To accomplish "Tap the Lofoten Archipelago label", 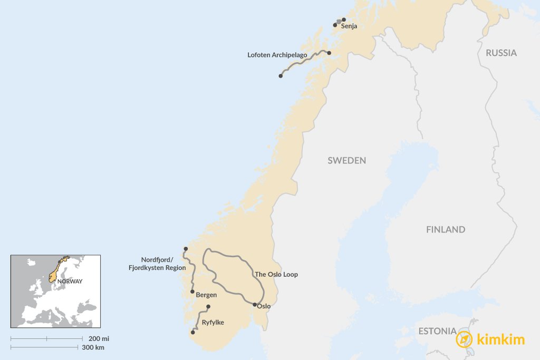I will tap(277, 54).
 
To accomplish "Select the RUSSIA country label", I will tap(501, 53).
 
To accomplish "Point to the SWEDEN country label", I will tap(346, 160).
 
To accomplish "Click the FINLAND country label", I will tap(446, 229).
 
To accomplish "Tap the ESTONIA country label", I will tap(437, 332).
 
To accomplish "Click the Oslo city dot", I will tap(255, 305).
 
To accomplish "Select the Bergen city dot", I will tap(192, 291).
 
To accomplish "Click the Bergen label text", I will tap(206, 295).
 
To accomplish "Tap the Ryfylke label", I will tap(213, 323).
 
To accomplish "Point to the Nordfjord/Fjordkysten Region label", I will tap(157, 264).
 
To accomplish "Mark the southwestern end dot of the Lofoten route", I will tap(281, 76).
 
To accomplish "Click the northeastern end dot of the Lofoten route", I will tap(329, 53).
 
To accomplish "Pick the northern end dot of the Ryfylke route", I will tap(208, 307).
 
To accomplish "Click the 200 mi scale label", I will tap(99, 338).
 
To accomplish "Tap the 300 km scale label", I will tap(93, 347).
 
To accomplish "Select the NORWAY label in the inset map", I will tap(70, 281).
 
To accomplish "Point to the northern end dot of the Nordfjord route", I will tap(186, 249).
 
